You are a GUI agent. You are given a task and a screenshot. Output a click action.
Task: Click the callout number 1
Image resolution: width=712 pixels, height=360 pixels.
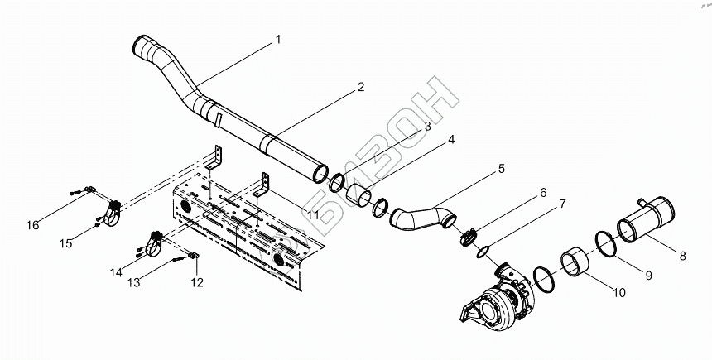click(x=279, y=40)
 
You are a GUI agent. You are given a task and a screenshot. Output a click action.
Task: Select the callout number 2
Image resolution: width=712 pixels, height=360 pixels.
click(x=361, y=87)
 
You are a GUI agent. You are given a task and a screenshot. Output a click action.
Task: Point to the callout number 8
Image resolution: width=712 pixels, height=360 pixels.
click(x=682, y=257)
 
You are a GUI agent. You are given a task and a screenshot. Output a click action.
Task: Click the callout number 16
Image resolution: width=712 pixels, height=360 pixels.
click(x=32, y=225)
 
